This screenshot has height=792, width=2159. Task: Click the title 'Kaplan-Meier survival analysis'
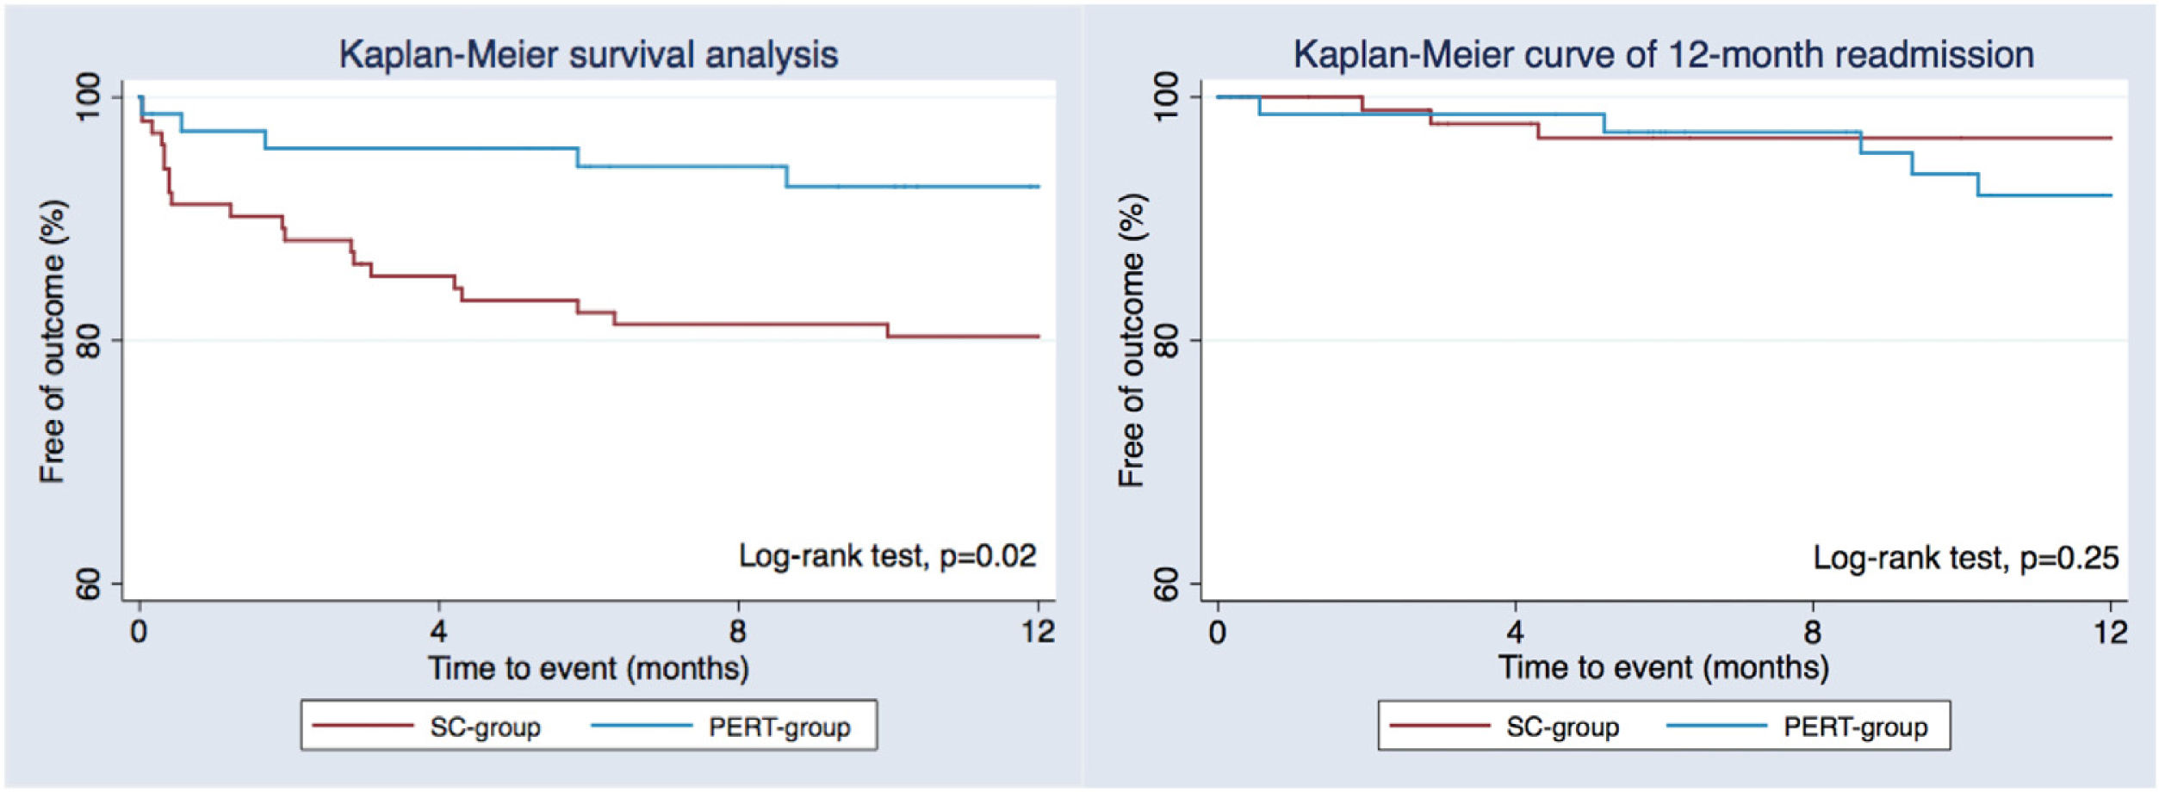point(588,55)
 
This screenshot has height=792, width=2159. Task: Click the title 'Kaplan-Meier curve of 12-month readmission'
point(1663,55)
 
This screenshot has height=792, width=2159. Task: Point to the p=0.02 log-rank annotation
point(887,556)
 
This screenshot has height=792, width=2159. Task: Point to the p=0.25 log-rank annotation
point(1965,558)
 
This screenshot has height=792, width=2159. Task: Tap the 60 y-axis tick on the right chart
point(1166,585)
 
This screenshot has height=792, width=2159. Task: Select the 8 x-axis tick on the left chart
point(737,632)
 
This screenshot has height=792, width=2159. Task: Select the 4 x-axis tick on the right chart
point(1515,632)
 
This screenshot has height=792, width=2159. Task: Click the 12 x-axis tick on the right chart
point(2110,632)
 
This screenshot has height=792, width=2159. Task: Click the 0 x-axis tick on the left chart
point(140,632)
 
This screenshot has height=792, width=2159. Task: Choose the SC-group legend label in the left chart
point(485,727)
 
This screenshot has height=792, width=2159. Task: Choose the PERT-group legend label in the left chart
point(779,727)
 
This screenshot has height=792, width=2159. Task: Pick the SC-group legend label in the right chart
point(1562,727)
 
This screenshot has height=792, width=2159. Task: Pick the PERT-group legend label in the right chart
point(1855,727)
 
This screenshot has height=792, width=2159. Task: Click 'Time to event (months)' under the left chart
point(588,669)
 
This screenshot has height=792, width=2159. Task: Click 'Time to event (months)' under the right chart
point(1663,668)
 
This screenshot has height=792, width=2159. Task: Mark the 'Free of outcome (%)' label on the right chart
point(1131,341)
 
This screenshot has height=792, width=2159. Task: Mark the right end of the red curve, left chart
point(1038,337)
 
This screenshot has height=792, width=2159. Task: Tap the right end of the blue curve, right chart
point(2110,195)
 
